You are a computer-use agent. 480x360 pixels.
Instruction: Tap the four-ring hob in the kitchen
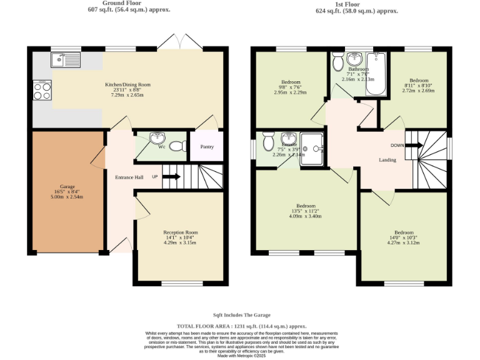point(42,91)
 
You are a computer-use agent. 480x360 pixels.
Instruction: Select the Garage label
point(67,187)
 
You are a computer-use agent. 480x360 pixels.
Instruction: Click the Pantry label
point(207,147)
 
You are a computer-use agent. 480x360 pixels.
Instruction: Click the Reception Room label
point(180,232)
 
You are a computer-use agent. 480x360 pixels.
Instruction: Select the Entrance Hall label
point(129,177)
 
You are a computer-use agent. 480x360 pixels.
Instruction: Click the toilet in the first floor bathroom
point(337,62)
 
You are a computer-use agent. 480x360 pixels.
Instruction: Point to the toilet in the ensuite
point(268,142)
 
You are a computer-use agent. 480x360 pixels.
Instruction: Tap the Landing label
point(387,160)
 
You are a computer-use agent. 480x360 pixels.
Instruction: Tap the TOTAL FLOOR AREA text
point(241,326)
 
